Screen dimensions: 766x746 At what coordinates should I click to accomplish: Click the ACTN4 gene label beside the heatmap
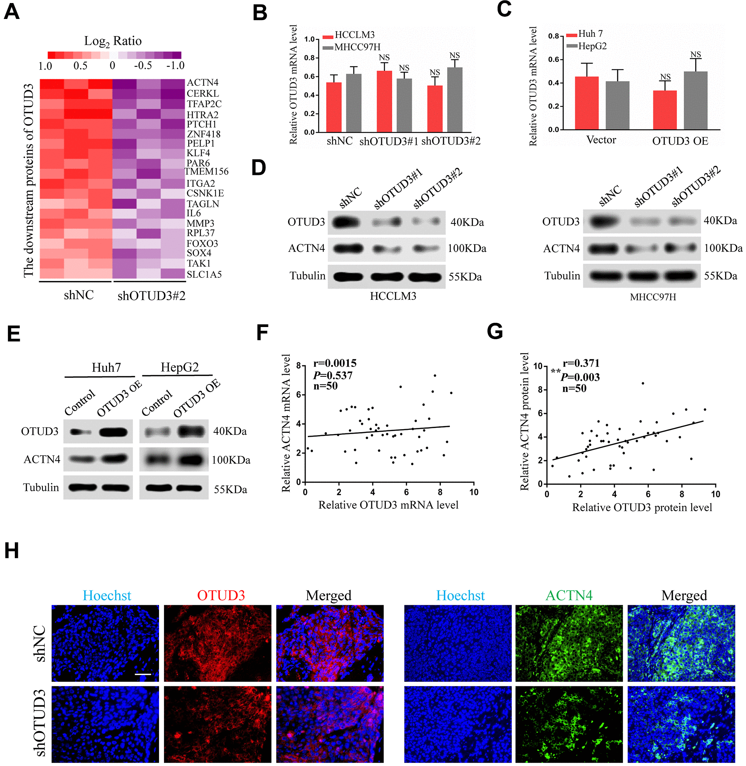(202, 83)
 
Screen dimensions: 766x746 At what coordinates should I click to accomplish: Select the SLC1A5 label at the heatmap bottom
(204, 275)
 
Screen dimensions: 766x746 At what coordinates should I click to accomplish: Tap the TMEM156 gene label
(207, 171)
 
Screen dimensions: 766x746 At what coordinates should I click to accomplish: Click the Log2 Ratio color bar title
(113, 41)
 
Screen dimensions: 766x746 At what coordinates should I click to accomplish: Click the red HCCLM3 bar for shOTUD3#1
(384, 101)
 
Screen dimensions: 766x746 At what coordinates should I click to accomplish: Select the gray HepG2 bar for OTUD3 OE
(696, 100)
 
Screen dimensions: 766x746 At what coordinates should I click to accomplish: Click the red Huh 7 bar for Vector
(587, 102)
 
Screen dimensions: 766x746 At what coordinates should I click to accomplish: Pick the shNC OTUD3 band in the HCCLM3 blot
(346, 222)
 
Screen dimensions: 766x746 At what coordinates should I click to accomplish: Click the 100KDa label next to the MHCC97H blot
(723, 248)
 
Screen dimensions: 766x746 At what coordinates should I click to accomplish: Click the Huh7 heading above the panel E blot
(106, 367)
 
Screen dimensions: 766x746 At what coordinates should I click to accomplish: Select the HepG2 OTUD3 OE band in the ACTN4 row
(191, 459)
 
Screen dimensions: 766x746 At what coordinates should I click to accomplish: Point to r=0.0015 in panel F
(334, 363)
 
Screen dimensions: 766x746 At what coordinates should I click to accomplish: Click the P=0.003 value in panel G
(580, 377)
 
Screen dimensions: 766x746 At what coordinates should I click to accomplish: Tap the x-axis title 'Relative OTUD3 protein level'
(642, 507)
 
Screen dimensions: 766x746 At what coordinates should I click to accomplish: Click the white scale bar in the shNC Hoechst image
(143, 674)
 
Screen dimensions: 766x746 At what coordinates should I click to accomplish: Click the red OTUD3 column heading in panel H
(221, 595)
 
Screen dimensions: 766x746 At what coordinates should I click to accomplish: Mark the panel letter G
(494, 331)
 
